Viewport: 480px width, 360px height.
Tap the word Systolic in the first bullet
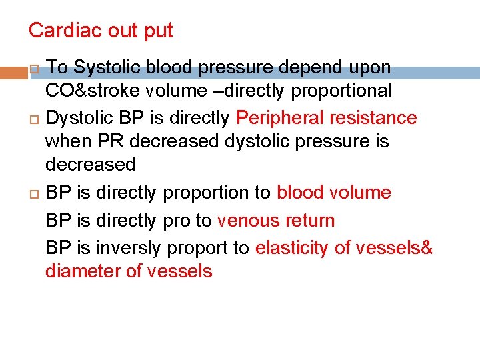pyautogui.click(x=101, y=67)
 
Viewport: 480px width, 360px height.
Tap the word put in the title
pyautogui.click(x=160, y=31)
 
